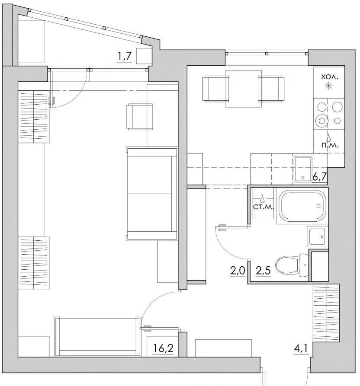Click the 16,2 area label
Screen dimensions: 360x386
[x=163, y=348]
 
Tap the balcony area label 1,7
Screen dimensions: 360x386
[x=125, y=56]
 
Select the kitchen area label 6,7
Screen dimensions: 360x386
[x=319, y=176]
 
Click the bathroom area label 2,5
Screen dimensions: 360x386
[x=263, y=271]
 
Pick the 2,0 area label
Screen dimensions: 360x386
[x=238, y=271]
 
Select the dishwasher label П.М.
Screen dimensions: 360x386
[x=330, y=145]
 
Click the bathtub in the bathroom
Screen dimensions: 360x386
[x=302, y=206]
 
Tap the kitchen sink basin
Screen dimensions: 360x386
[x=303, y=169]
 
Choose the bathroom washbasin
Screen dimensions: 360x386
[x=317, y=236]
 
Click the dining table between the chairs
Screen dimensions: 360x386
[x=244, y=89]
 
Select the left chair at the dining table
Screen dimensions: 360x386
[x=215, y=89]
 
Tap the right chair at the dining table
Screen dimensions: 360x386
[x=271, y=89]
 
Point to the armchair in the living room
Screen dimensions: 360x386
[x=139, y=117]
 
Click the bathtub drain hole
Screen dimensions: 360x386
[x=318, y=206]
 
